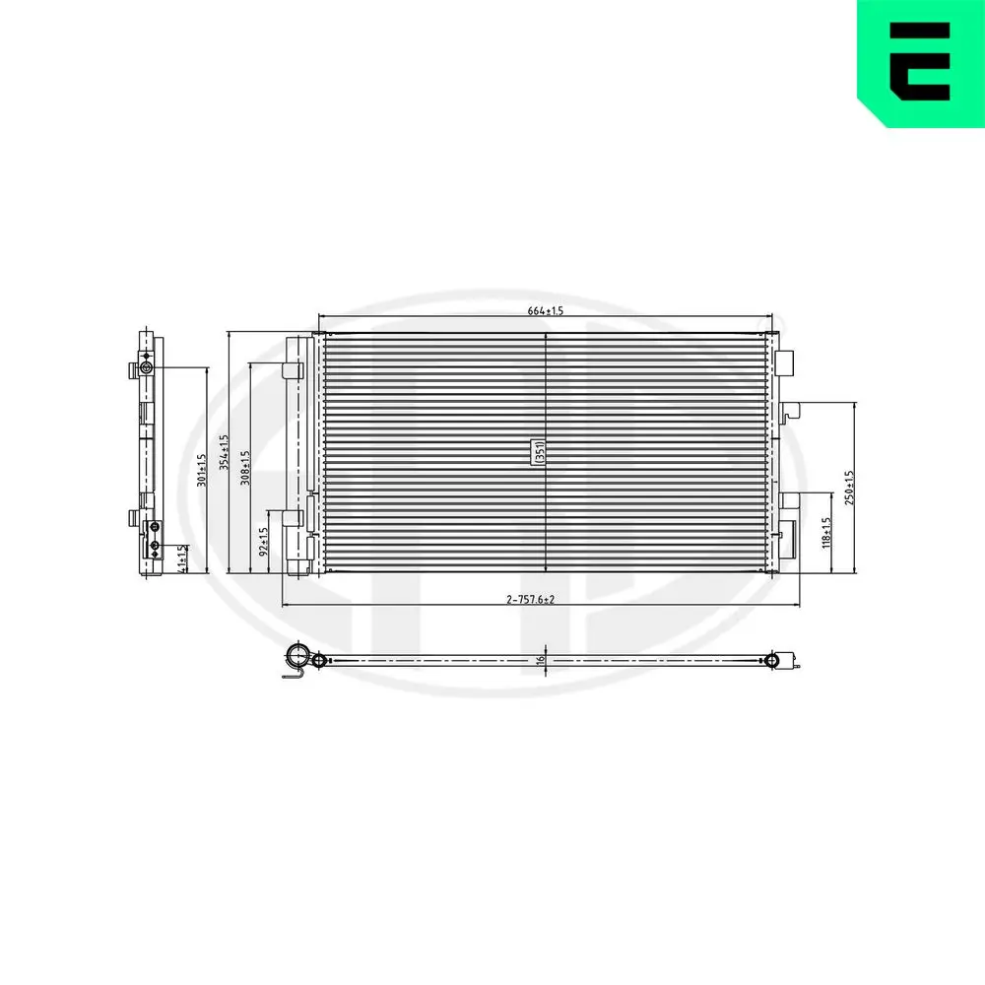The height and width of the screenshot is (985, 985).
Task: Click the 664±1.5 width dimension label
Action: [545, 311]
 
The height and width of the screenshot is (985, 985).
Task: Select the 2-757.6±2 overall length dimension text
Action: [531, 599]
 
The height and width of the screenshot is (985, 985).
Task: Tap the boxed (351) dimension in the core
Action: [539, 452]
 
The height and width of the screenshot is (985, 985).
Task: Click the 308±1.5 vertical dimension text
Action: [245, 467]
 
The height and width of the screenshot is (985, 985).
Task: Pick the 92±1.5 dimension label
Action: [264, 543]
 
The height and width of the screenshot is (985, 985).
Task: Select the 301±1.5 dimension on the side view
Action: [202, 470]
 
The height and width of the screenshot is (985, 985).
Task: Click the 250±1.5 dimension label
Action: [850, 487]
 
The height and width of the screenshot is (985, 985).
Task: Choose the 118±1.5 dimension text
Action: [827, 533]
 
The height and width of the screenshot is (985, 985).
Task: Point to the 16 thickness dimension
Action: [541, 661]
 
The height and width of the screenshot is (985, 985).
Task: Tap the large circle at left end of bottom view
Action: [296, 657]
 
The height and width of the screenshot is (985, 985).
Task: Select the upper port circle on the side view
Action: [146, 368]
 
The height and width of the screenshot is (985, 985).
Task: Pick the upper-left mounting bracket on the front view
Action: [292, 369]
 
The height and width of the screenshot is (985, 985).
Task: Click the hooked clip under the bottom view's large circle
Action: [292, 673]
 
